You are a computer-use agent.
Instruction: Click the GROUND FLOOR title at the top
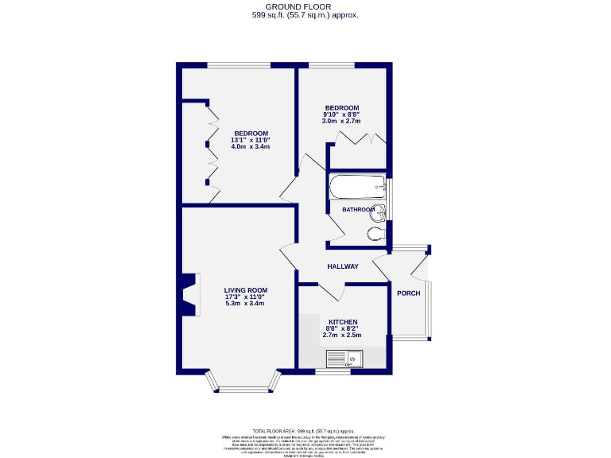point(305,6)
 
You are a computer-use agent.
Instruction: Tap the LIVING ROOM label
point(245,289)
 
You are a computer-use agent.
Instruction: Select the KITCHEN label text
point(341,322)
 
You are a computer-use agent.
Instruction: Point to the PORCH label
point(408,293)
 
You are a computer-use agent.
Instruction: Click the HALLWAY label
point(342,266)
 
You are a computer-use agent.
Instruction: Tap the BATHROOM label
point(358,209)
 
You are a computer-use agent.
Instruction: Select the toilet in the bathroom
point(376,233)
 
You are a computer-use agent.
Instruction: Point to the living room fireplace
point(189,295)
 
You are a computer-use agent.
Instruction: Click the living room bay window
point(244,386)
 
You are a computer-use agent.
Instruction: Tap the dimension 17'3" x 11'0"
point(245,297)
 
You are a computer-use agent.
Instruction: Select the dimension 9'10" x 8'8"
point(341,114)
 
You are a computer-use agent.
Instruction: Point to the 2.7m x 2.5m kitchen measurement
point(341,336)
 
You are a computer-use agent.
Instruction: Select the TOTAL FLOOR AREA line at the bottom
point(305,429)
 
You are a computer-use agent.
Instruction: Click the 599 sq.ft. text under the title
point(305,15)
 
